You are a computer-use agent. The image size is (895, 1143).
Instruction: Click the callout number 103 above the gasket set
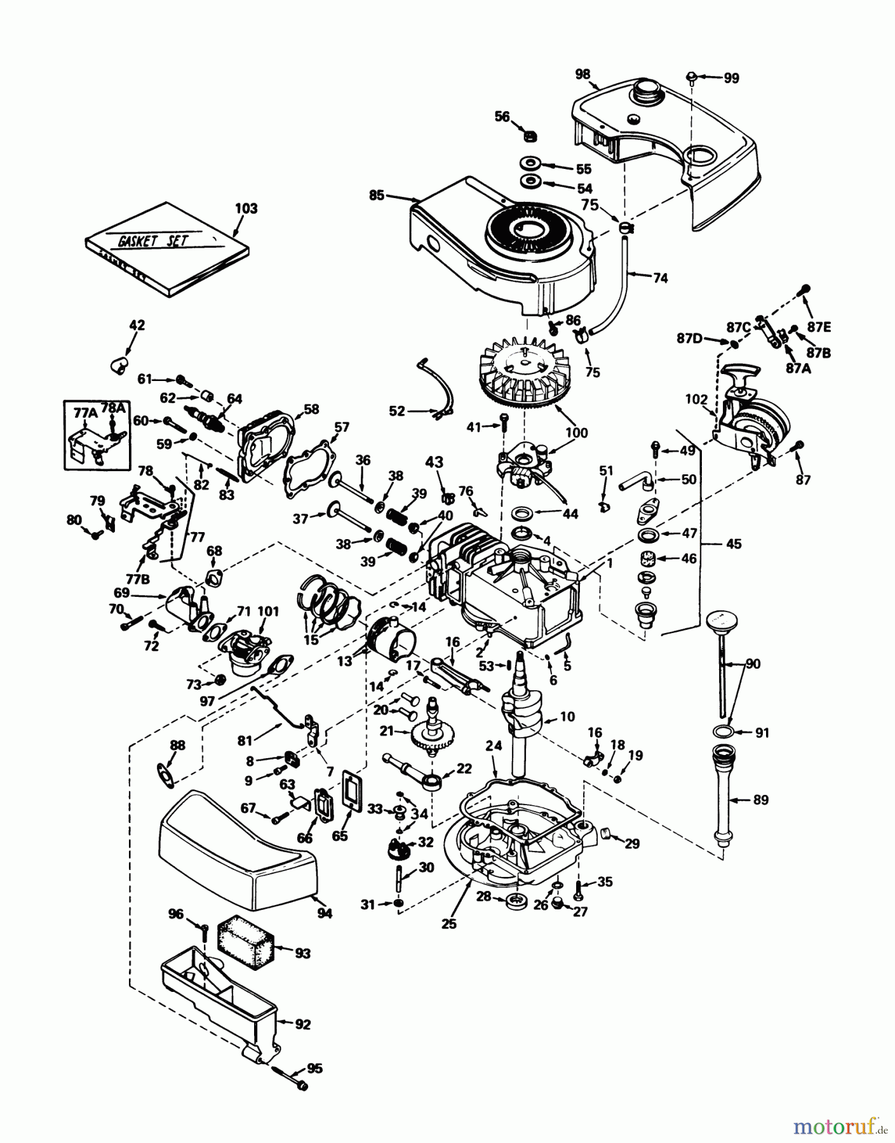click(x=246, y=208)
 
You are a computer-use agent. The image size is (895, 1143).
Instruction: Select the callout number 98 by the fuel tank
click(x=582, y=74)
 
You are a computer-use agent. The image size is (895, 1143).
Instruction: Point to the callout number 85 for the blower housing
click(x=377, y=196)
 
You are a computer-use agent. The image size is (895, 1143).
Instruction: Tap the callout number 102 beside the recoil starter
click(x=696, y=399)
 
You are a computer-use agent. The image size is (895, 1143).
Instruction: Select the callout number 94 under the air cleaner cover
click(x=325, y=913)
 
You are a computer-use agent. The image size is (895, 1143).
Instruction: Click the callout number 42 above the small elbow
click(x=137, y=325)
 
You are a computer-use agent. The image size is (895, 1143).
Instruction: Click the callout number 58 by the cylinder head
click(x=311, y=409)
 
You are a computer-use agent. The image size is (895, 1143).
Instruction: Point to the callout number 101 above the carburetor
click(x=269, y=612)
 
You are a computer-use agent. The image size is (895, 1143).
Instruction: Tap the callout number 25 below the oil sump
click(x=449, y=924)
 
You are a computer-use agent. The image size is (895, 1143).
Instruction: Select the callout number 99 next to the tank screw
click(x=731, y=78)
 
